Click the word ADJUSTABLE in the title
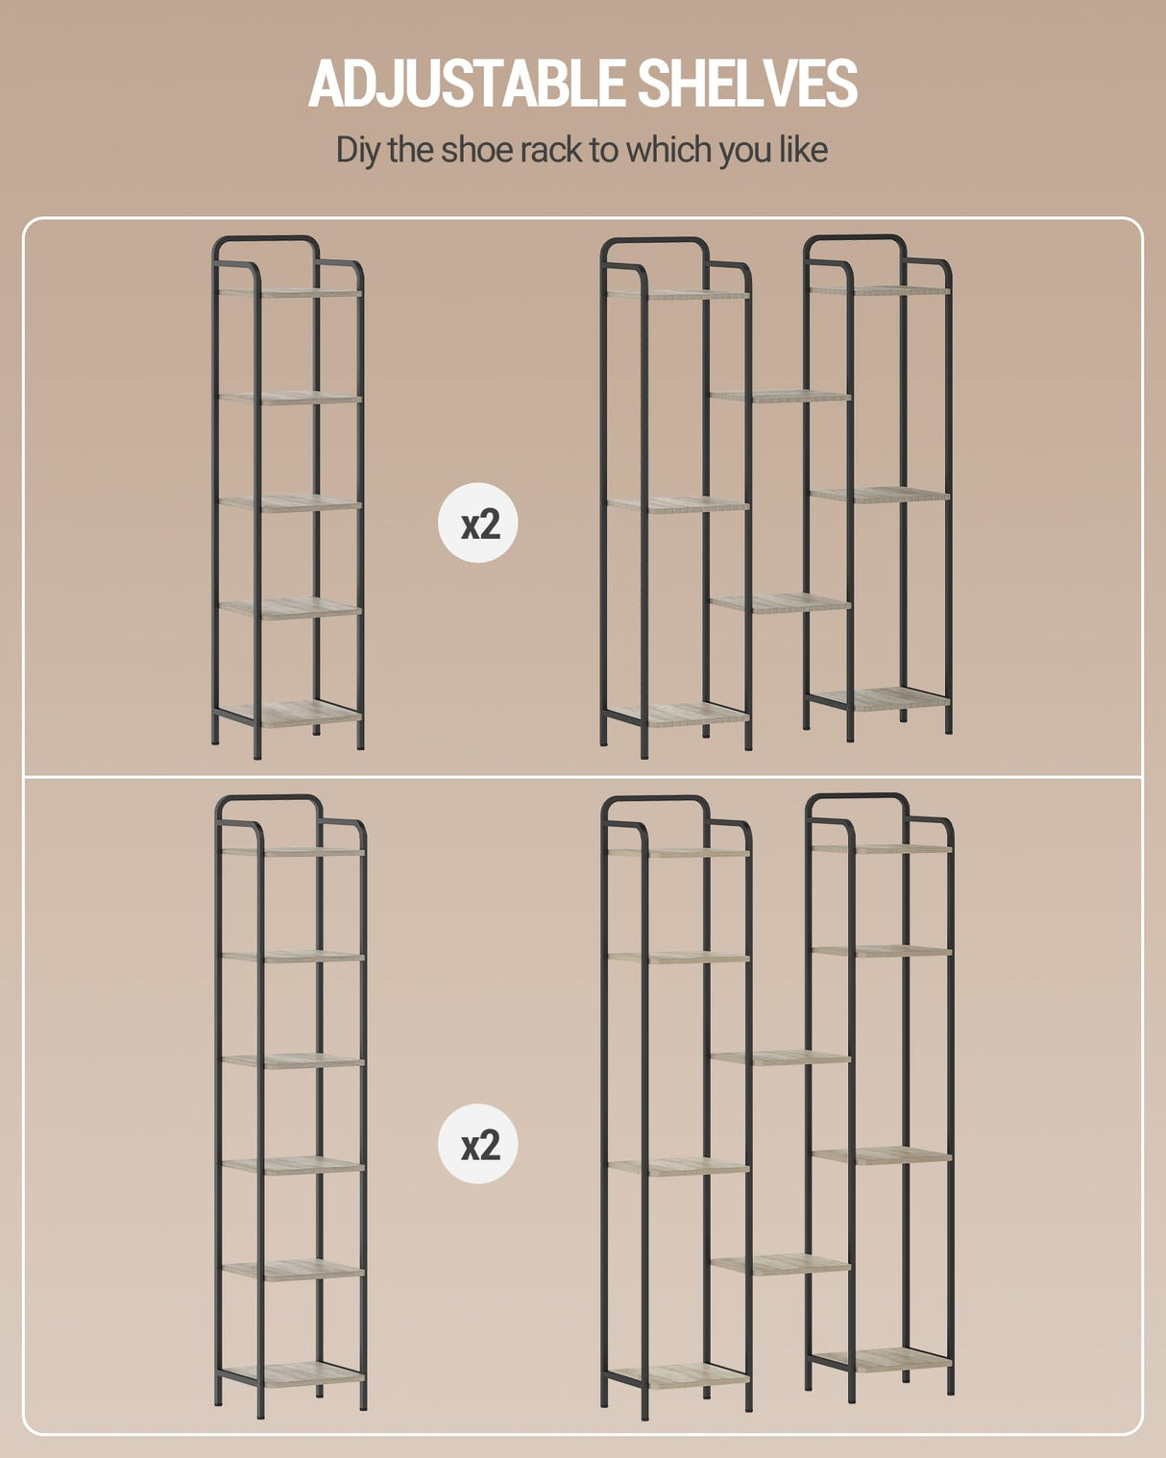point(467,83)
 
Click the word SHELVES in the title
point(747,83)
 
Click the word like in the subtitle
point(803,149)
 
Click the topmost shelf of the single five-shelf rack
point(289,293)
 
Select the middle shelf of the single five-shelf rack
point(289,503)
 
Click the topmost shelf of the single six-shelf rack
point(293,852)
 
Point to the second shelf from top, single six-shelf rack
point(293,956)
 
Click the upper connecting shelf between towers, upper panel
point(780,397)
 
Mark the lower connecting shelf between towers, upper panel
point(780,603)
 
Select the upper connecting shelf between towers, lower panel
point(780,1057)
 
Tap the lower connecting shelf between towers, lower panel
point(780,1265)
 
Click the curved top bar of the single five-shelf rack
point(265,238)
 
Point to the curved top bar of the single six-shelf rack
point(269,798)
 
